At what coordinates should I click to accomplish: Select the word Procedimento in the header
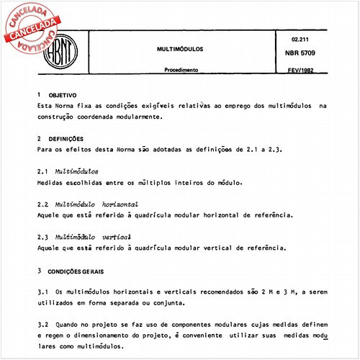point(181,71)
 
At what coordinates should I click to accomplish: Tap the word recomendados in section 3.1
point(210,292)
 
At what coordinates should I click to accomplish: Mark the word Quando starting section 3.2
point(68,325)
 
